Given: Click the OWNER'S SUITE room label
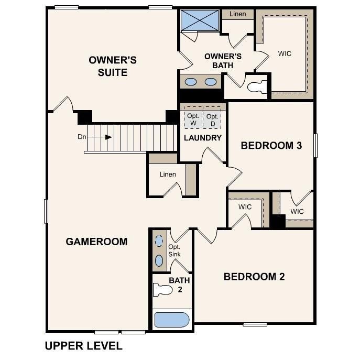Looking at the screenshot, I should (113, 66).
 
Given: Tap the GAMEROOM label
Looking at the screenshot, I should (96, 242).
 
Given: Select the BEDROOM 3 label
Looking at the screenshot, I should (271, 146).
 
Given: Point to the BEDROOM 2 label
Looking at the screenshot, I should (254, 277).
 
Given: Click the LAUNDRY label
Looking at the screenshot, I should (203, 138).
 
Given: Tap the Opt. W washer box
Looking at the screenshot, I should (192, 119).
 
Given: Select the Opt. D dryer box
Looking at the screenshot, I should (212, 119).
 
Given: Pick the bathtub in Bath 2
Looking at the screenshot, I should (171, 320).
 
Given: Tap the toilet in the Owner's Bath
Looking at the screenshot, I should (256, 86).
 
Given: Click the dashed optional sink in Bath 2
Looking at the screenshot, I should (159, 242).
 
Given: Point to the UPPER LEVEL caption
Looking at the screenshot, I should (84, 346).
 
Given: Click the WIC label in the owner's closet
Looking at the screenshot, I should (285, 53).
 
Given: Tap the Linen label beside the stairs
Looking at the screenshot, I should (168, 174).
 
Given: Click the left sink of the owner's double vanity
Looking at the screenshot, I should (191, 82).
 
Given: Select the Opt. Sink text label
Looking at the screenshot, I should (174, 250).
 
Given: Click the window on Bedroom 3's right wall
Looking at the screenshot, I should (315, 145).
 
